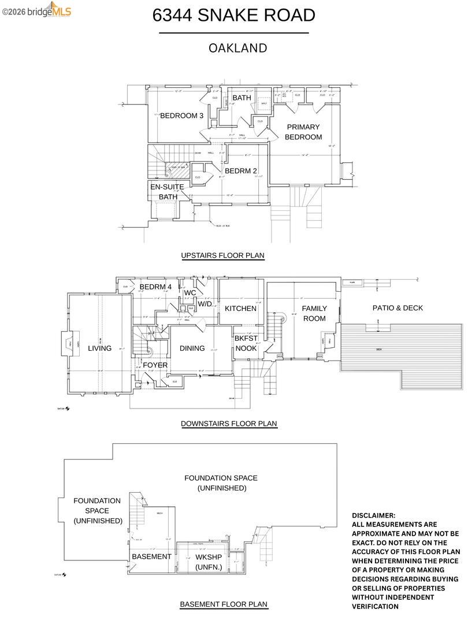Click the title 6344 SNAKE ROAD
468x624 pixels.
click(x=233, y=16)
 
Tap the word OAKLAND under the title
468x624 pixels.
click(x=237, y=48)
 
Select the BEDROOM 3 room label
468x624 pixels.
click(x=182, y=116)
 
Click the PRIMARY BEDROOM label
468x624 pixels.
click(x=303, y=132)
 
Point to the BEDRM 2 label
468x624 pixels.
click(x=241, y=171)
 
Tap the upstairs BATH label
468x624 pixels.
click(x=242, y=98)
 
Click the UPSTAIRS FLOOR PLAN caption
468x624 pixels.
click(x=222, y=255)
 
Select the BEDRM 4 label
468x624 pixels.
click(x=155, y=287)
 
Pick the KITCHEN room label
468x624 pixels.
click(x=240, y=309)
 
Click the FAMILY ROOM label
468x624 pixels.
click(x=314, y=313)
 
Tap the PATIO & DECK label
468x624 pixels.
click(x=397, y=308)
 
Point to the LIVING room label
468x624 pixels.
click(x=99, y=348)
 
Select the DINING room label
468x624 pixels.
click(x=192, y=348)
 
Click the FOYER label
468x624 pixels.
click(x=155, y=365)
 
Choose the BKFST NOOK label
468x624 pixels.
click(x=246, y=343)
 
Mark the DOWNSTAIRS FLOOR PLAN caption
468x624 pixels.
click(x=229, y=424)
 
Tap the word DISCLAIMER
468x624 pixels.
click(x=374, y=515)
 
